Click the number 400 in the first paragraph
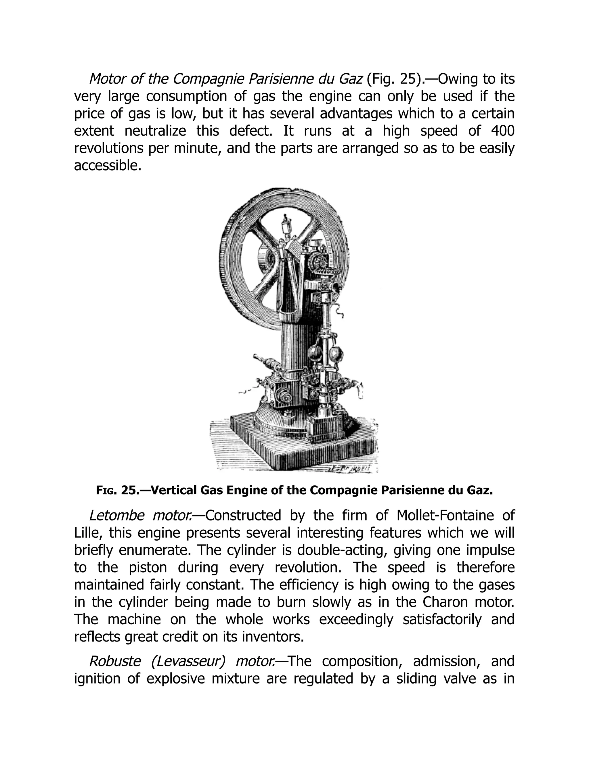pos(502,131)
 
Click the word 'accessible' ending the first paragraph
pos(106,165)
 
